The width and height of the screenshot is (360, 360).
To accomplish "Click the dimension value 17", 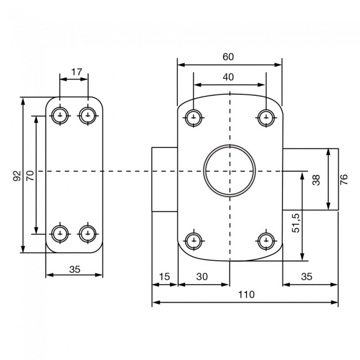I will [77, 72].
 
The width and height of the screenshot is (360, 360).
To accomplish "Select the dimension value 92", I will [17, 176].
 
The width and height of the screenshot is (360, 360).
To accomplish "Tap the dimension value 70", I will [30, 176].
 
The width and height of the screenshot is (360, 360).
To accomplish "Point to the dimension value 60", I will [228, 56].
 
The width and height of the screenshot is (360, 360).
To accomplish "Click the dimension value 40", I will [228, 78].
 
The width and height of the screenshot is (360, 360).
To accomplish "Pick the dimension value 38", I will [316, 179].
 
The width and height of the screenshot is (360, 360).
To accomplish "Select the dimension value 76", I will [343, 179].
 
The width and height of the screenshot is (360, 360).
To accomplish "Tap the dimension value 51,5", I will [296, 222].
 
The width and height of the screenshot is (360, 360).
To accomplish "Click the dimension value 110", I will [244, 295].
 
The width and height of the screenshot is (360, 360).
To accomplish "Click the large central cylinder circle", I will [229, 171].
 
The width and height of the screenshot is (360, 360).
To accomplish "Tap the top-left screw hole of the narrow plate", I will [59, 116].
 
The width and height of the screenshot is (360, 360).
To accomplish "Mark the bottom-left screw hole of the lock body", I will [193, 240].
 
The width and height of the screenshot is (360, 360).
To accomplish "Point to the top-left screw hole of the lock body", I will [193, 117].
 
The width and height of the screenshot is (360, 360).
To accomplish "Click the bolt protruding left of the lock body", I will [164, 179].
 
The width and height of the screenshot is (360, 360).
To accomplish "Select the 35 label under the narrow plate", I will [75, 270].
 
